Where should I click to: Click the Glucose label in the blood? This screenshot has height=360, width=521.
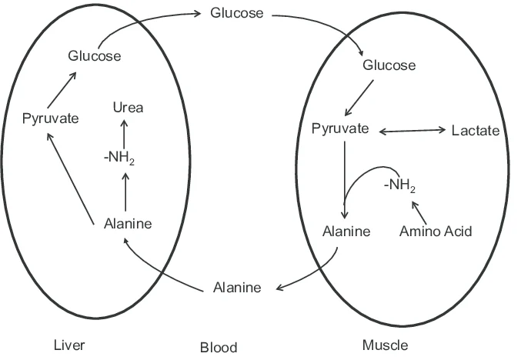coord(236,14)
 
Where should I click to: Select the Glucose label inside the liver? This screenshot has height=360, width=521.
coord(94,55)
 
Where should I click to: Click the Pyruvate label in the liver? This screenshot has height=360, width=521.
coord(50,118)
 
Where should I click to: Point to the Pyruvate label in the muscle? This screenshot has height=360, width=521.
coord(340,128)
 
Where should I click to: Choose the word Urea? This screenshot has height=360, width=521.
coord(128,108)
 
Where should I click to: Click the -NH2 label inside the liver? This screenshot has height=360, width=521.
coord(124,158)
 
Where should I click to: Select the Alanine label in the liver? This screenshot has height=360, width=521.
coord(127,224)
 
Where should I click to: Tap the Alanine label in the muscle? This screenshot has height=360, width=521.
coord(346,231)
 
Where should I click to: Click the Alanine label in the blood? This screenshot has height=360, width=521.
coord(236,288)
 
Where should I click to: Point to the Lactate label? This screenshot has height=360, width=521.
coord(475,131)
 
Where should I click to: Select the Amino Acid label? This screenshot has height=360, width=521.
coord(436,231)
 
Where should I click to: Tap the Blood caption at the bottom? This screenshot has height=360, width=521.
coord(219,347)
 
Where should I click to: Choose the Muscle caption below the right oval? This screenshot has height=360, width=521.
coord(385,345)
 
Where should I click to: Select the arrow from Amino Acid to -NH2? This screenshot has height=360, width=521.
coord(422,210)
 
